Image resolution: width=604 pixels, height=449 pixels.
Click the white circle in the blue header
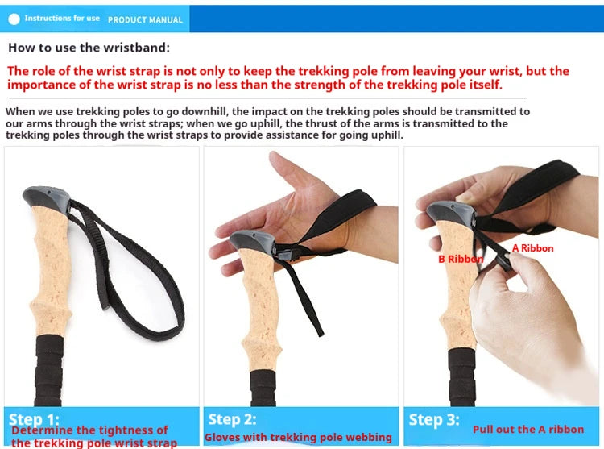pyautogui.click(x=14, y=19)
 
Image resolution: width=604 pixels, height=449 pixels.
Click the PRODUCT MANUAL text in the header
pyautogui.click(x=145, y=19)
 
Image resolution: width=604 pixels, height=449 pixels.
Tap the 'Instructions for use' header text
pyautogui.click(x=62, y=19)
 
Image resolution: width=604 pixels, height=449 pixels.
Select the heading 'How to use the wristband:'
pyautogui.click(x=89, y=48)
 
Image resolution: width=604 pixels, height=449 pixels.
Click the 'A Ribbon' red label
pyautogui.click(x=533, y=248)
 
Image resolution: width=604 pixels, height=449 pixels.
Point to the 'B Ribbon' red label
pyautogui.click(x=461, y=260)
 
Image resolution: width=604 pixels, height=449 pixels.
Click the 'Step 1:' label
pyautogui.click(x=33, y=419)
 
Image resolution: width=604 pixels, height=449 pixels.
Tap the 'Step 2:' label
pyautogui.click(x=232, y=419)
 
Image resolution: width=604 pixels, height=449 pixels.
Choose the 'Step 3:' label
pyautogui.click(x=434, y=419)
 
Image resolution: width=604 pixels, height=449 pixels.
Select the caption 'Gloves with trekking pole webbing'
pyautogui.click(x=298, y=438)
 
